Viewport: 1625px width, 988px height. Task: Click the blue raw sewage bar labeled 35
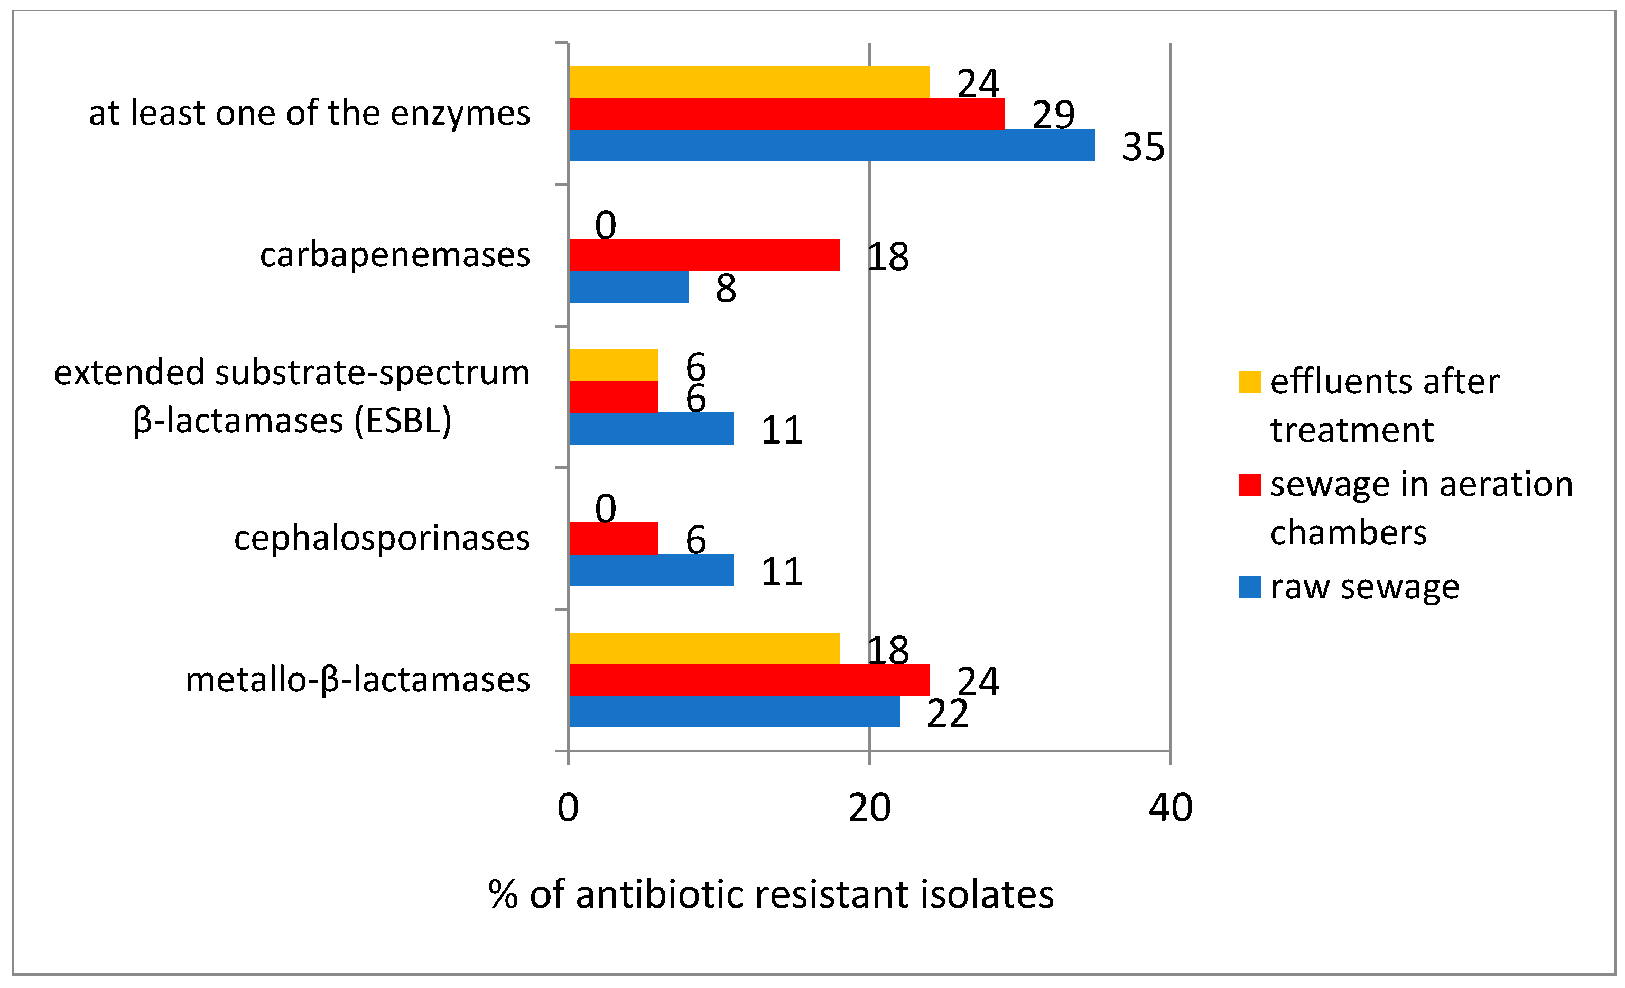[831, 145]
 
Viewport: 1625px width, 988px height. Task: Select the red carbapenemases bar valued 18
[704, 255]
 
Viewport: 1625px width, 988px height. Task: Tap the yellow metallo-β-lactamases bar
[704, 648]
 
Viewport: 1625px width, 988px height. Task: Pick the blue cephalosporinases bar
[651, 570]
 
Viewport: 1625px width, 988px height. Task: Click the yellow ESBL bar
[614, 365]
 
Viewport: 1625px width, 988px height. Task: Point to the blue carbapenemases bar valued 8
[628, 287]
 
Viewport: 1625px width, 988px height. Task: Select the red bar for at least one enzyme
[786, 114]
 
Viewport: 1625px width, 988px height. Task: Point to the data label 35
[1144, 147]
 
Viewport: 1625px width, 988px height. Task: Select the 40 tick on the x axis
[1171, 808]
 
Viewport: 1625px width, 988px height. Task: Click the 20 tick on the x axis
[869, 808]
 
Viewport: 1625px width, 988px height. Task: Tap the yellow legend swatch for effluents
[1250, 382]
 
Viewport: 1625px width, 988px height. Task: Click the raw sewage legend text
[1364, 587]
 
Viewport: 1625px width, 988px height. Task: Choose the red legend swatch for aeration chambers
[1250, 485]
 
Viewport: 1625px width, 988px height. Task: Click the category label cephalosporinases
[381, 538]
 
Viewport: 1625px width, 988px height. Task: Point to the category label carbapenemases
[394, 255]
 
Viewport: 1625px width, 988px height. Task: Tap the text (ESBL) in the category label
[402, 421]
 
